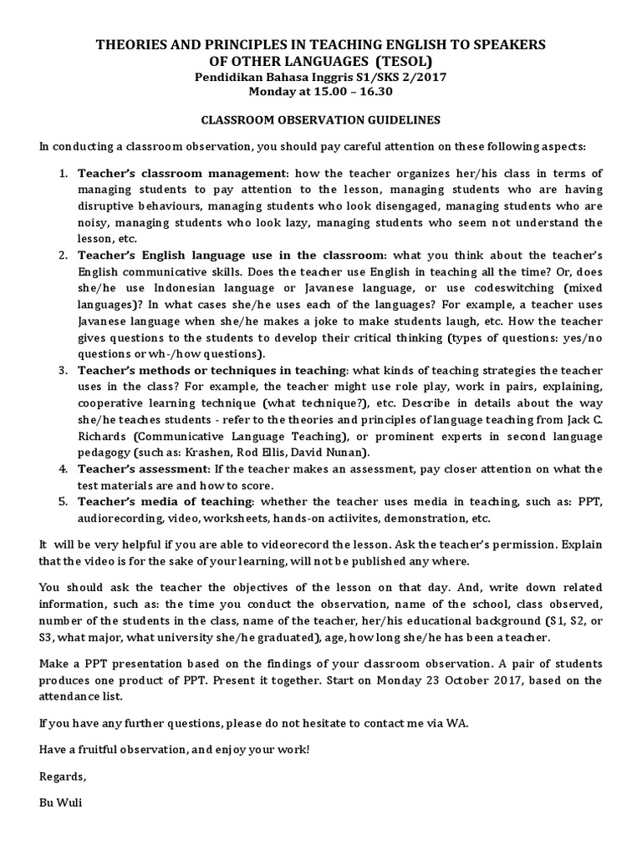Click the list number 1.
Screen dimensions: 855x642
[64, 174]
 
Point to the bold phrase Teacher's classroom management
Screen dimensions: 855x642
[181, 174]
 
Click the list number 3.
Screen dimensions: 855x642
[64, 370]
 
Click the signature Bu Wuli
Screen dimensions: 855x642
[61, 802]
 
